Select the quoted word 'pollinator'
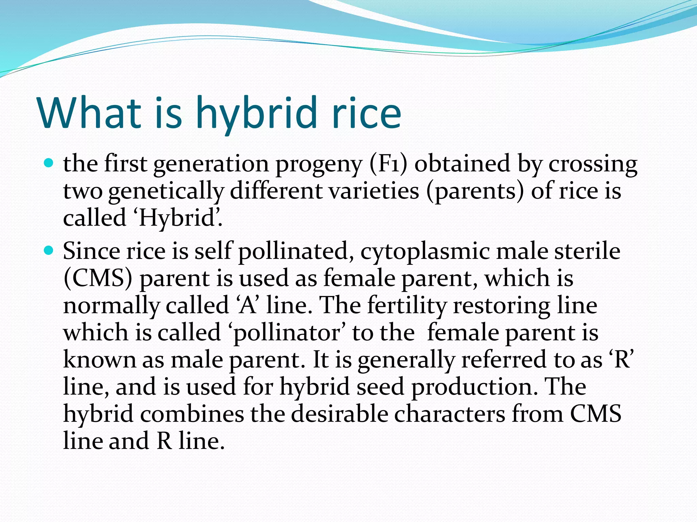tap(286, 333)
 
